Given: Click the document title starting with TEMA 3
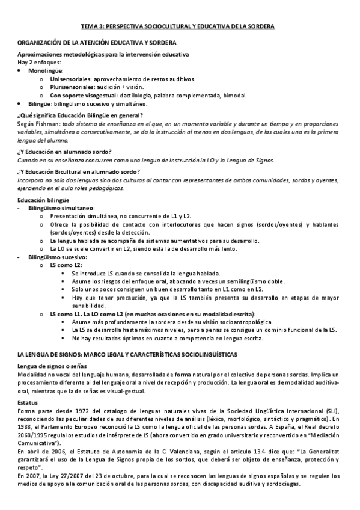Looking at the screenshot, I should point(178,27).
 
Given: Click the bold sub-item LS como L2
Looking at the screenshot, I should point(66,265).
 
